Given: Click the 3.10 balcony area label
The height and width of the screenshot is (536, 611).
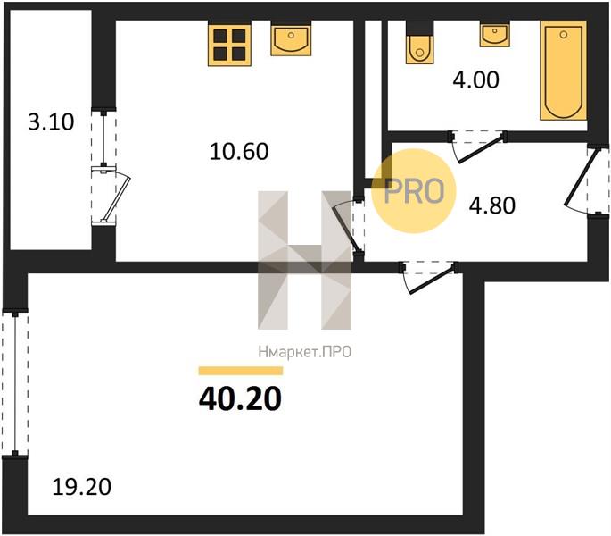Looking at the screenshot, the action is click(51, 121).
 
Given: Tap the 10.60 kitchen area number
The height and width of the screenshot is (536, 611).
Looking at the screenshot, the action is click(239, 152).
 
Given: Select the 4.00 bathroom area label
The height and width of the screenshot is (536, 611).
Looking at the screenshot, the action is click(475, 80).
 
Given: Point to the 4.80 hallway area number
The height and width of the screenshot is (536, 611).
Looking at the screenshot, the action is click(492, 205).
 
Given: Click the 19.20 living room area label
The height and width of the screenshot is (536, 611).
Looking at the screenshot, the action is click(81, 487).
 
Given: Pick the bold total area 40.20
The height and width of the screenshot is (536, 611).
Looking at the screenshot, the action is click(240, 398).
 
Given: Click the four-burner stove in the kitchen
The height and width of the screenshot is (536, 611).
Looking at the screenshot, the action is click(229, 45).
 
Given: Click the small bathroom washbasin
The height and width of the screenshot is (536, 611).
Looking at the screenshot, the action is click(494, 35).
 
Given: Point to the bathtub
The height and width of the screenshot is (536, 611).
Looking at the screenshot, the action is click(563, 71).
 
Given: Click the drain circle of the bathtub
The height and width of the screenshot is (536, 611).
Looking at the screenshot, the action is click(563, 35).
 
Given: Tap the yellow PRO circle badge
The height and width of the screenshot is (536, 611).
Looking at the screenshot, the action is click(414, 191).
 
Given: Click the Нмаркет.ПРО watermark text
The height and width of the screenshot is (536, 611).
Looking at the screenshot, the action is click(305, 353).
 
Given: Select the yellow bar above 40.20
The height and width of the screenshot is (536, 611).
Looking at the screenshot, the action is click(241, 371).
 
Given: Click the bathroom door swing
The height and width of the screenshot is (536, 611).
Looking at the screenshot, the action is click(478, 147).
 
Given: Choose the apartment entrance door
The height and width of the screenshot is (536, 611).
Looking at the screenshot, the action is click(585, 180).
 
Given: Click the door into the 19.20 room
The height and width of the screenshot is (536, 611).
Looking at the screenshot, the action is click(429, 278).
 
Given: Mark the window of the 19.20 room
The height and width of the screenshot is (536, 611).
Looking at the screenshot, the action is click(15, 382).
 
